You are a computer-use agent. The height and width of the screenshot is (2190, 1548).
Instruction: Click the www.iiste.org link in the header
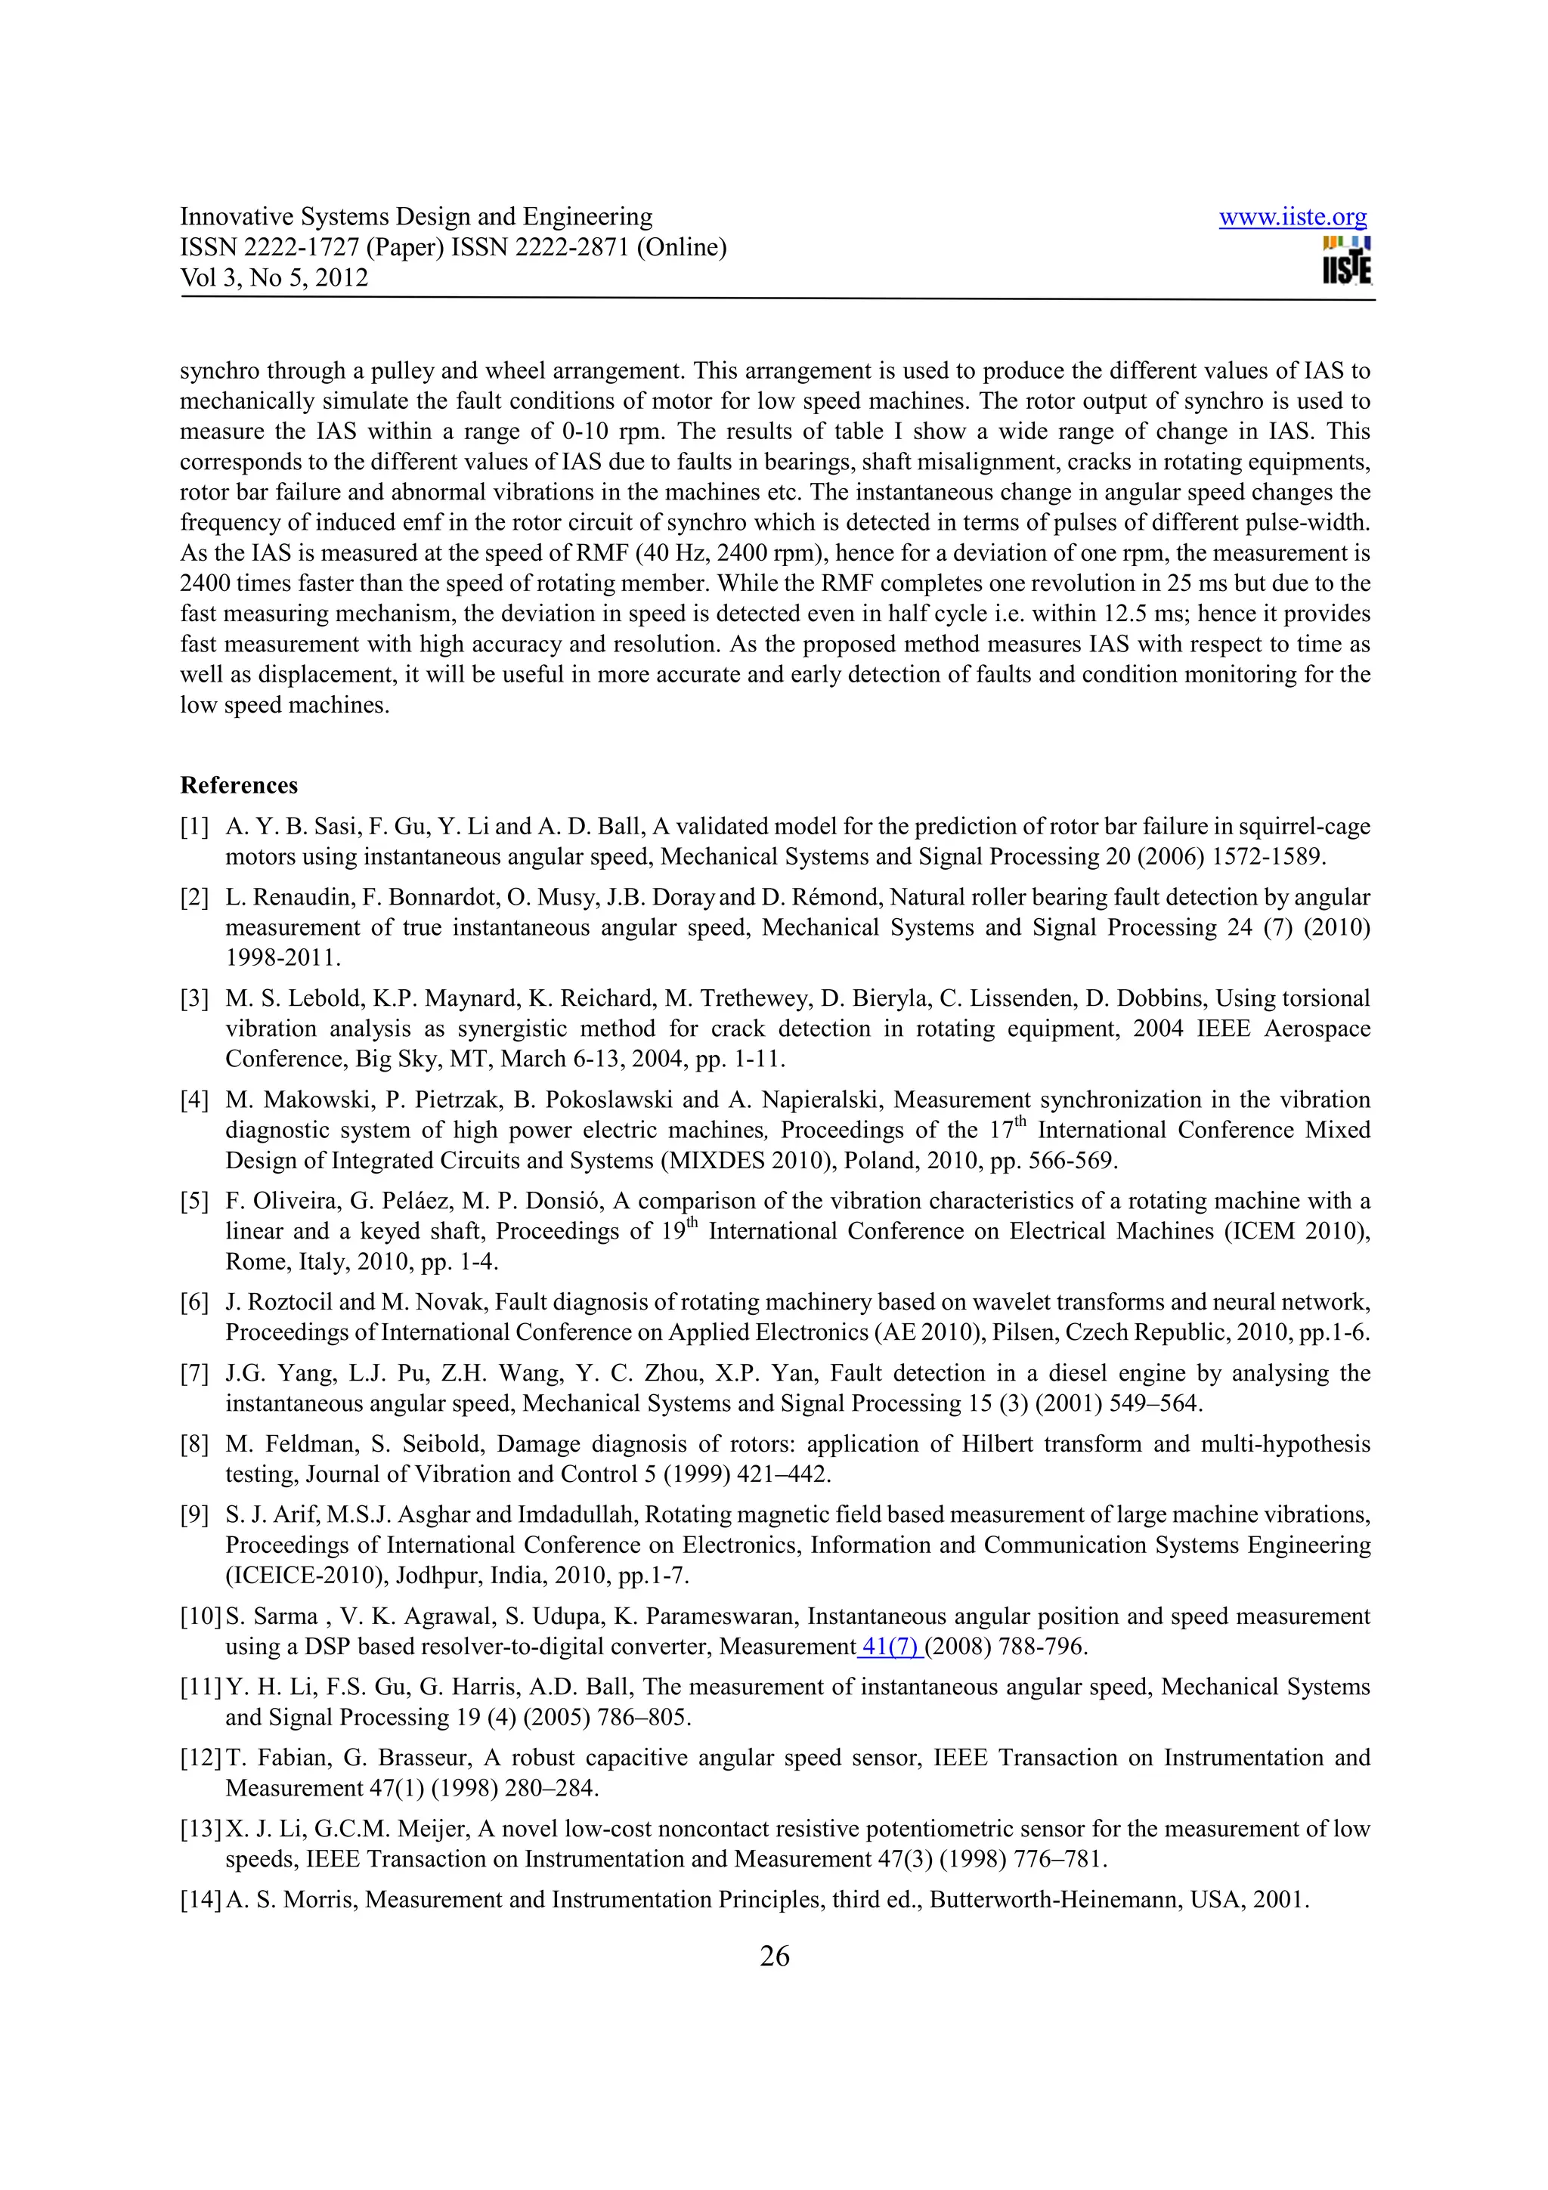tap(1293, 218)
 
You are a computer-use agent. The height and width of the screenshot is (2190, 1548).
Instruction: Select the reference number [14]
tap(200, 1899)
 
